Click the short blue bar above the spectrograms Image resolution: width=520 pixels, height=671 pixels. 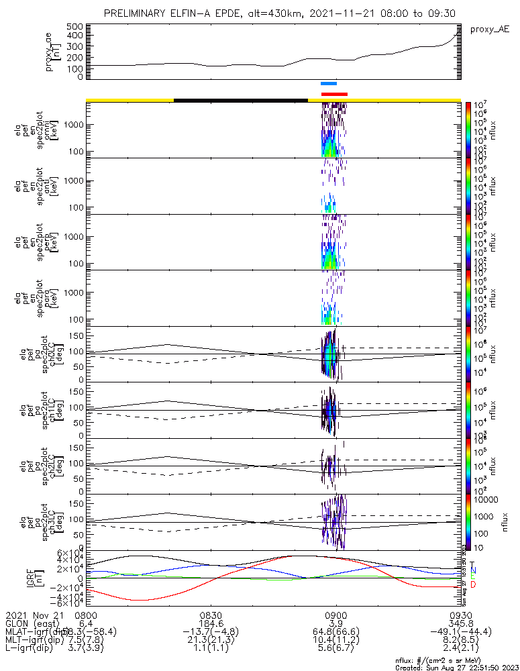pos(329,84)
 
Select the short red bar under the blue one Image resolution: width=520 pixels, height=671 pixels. pos(334,94)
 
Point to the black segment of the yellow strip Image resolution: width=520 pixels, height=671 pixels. pos(240,100)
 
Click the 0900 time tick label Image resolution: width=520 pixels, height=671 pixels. pos(335,615)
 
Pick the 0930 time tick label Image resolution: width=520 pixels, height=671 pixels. pos(460,615)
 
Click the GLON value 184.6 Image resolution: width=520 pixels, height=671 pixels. pos(211,623)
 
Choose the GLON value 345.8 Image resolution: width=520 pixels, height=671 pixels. pos(460,623)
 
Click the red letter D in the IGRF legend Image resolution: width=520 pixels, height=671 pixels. pos(472,585)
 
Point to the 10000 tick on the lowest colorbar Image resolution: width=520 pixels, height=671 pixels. pos(488,500)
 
